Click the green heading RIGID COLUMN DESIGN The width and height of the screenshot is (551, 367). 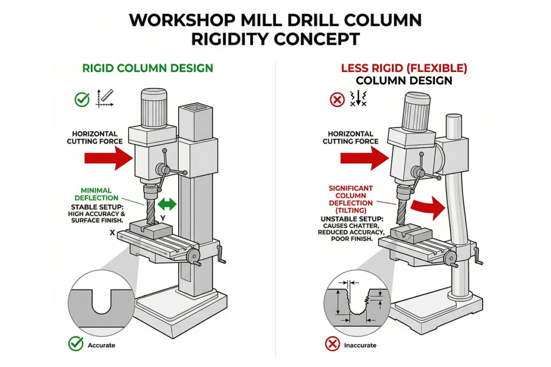(x=147, y=68)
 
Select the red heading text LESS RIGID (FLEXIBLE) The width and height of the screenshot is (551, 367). (x=404, y=68)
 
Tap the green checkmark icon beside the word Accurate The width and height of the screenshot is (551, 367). (x=76, y=344)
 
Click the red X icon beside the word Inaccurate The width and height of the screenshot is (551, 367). (x=332, y=344)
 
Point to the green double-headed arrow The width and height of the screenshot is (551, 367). (x=167, y=205)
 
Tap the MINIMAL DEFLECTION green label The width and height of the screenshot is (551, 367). (x=96, y=194)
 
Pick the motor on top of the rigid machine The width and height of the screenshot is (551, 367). (x=154, y=107)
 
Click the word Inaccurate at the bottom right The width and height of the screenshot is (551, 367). (x=360, y=345)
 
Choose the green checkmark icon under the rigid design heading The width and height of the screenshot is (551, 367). (x=82, y=99)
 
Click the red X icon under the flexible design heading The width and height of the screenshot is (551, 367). (x=337, y=99)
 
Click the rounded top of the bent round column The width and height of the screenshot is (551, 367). (x=453, y=121)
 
